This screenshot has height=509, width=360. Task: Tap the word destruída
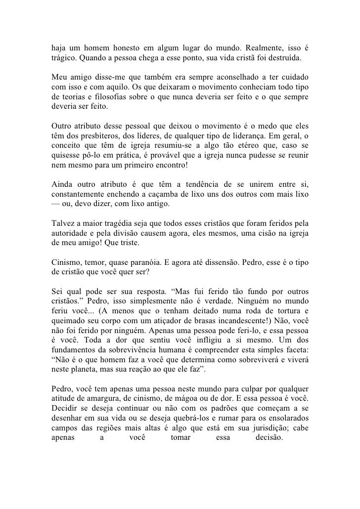click(284, 57)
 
